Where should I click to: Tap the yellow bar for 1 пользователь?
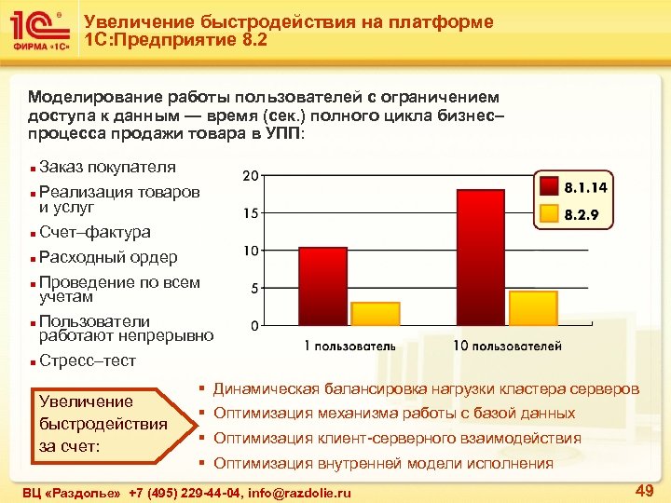click(x=375, y=314)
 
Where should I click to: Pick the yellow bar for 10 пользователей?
click(x=533, y=308)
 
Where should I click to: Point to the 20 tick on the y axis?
click(x=251, y=176)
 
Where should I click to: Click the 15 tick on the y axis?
click(x=251, y=213)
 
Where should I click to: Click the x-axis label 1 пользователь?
click(x=350, y=346)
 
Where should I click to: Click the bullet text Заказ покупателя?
click(x=107, y=168)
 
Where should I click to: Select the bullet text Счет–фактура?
click(x=94, y=232)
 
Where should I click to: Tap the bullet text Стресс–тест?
click(x=87, y=360)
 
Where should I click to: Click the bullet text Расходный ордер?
click(x=108, y=257)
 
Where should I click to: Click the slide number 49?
click(x=643, y=490)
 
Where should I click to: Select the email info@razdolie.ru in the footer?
click(x=300, y=491)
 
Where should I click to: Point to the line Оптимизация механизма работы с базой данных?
click(x=394, y=413)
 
